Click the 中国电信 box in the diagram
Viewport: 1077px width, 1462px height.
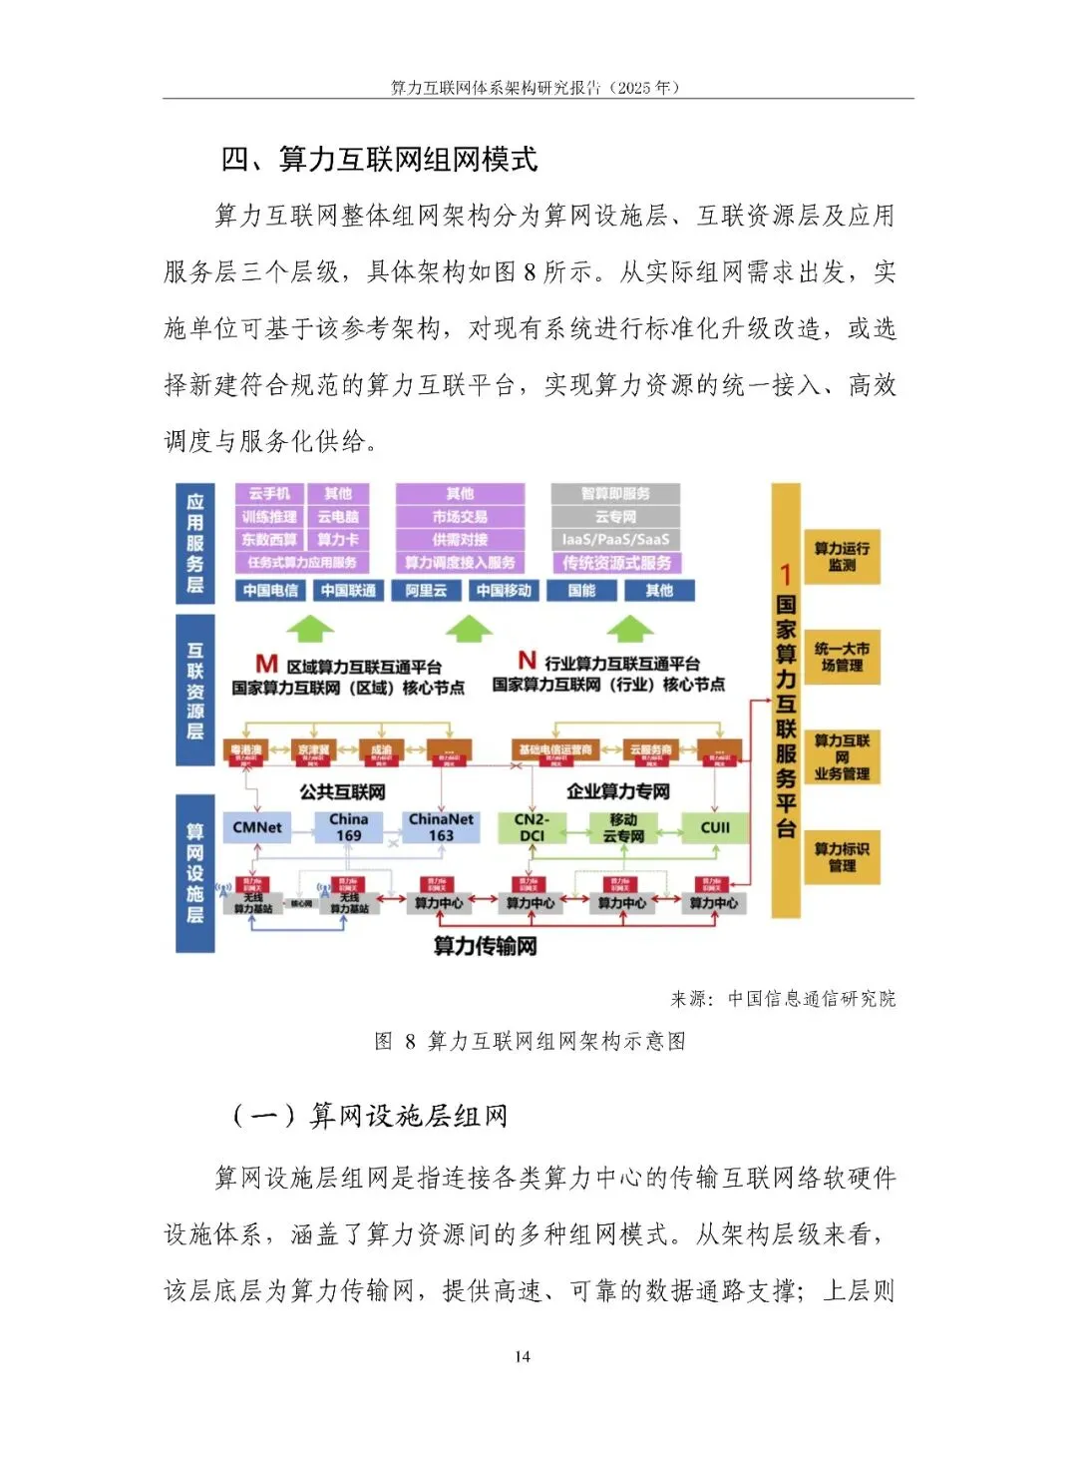tap(270, 591)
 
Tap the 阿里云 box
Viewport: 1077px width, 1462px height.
tap(426, 591)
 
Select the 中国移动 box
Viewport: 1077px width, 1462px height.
tap(504, 591)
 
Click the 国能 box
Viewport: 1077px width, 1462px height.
tap(581, 591)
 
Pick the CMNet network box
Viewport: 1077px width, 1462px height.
tap(257, 827)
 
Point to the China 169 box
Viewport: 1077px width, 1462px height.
tap(349, 827)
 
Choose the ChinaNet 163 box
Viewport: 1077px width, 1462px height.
tap(441, 827)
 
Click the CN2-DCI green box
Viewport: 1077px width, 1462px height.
tap(532, 827)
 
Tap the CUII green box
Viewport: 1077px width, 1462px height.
tap(715, 827)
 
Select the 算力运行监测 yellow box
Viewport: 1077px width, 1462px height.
tap(842, 557)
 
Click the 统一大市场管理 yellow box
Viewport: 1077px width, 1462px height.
tap(842, 657)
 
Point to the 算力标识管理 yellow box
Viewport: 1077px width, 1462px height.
tap(842, 857)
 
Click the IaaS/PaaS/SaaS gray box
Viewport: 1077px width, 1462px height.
tap(615, 540)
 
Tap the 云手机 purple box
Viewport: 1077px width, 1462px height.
tap(269, 494)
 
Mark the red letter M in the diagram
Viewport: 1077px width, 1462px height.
tap(266, 664)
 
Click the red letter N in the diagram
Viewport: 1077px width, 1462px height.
tap(528, 661)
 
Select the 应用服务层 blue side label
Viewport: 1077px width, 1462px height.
tap(195, 544)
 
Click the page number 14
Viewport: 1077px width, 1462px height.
tap(523, 1356)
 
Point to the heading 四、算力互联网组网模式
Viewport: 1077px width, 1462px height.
tap(379, 160)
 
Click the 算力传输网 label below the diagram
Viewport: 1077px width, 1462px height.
tap(486, 946)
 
